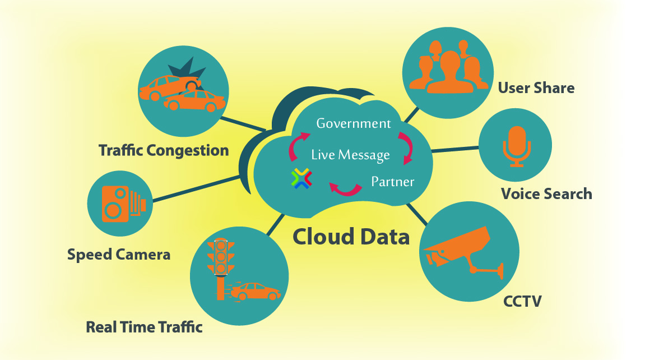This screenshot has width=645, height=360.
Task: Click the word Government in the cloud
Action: [x=353, y=123]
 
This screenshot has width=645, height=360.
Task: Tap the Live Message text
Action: [x=350, y=154]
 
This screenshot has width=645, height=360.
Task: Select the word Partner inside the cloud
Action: [x=392, y=182]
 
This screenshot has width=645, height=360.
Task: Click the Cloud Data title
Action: [x=351, y=236]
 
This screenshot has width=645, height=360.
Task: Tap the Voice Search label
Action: [x=546, y=194]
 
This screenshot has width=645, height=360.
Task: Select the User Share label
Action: [x=536, y=88]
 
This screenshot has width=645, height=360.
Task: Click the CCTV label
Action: [x=522, y=302]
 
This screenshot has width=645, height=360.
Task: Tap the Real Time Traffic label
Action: [x=144, y=327]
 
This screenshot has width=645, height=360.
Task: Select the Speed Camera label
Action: [x=118, y=255]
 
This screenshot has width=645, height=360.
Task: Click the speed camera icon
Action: [x=122, y=204]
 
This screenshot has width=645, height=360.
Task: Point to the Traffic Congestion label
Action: [x=164, y=150]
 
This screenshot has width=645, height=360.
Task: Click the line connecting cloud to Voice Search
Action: [x=455, y=150]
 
